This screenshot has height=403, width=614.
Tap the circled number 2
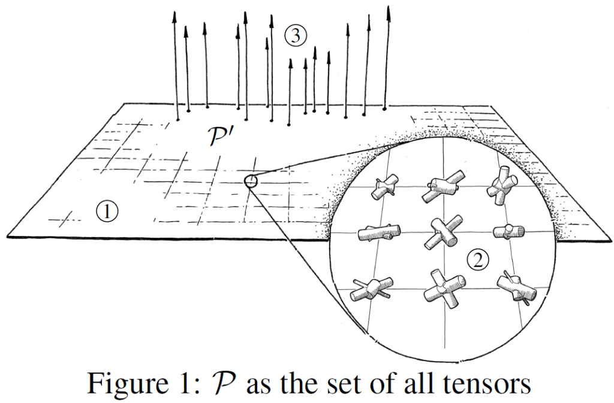coord(478,259)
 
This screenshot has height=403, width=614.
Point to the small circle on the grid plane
coord(251,180)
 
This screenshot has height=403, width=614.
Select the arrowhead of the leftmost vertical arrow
coord(174,16)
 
